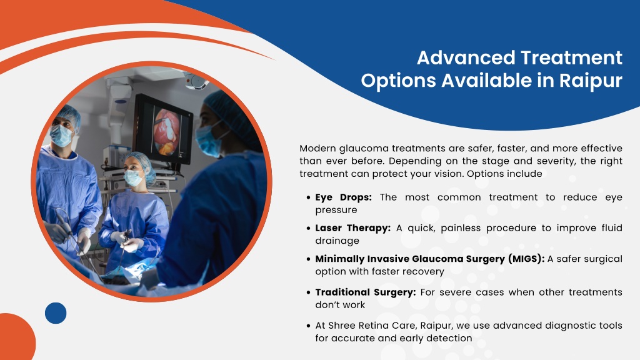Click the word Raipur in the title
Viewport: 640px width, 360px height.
click(591, 81)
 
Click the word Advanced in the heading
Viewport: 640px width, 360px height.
click(465, 57)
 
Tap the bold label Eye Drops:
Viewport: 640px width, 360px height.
click(343, 197)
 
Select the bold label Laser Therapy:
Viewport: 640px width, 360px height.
click(352, 228)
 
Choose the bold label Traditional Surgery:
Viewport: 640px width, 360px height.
click(365, 292)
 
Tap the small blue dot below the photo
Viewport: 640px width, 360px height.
click(56, 313)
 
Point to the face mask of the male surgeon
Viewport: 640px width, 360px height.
click(61, 136)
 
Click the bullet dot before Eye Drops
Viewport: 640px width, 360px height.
click(309, 197)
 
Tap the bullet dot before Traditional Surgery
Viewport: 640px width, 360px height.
click(309, 292)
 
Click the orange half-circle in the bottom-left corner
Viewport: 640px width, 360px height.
click(16, 337)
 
